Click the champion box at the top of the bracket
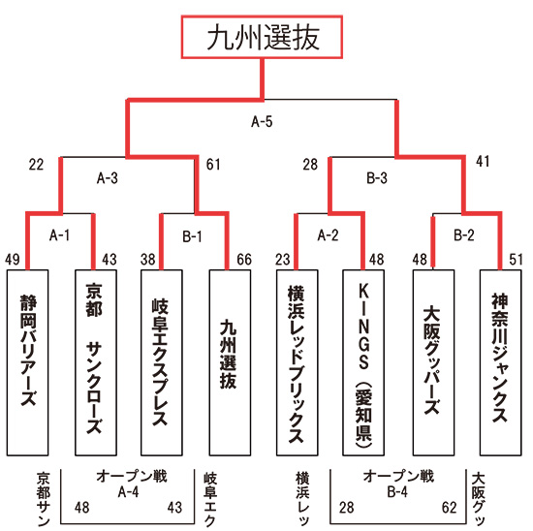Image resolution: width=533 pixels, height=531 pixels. [x=262, y=37]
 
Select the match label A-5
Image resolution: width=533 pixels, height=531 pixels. [x=262, y=121]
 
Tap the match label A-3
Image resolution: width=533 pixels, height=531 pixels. [x=108, y=177]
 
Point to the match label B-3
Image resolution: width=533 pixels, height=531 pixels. [x=377, y=177]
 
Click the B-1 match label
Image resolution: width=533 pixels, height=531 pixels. [x=192, y=236]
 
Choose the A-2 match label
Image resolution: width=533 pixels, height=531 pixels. [x=328, y=234]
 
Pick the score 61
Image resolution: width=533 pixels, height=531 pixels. [x=213, y=165]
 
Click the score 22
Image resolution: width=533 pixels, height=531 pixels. [x=37, y=165]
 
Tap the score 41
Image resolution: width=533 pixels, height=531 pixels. [x=483, y=162]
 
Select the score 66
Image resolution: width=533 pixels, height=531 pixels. [x=244, y=260]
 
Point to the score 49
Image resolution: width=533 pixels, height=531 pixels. [x=13, y=260]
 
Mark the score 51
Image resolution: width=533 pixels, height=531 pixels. [x=516, y=260]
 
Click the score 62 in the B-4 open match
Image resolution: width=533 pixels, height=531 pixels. [x=449, y=508]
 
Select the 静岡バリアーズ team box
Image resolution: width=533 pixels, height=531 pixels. [x=28, y=362]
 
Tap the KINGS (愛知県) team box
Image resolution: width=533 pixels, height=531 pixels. [x=363, y=362]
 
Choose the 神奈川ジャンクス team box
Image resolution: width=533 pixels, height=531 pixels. [x=500, y=362]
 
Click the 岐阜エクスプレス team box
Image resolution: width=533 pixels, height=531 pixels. [x=162, y=362]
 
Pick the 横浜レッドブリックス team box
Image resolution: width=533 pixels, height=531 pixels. [x=298, y=362]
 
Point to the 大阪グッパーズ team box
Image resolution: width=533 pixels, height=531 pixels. [x=433, y=362]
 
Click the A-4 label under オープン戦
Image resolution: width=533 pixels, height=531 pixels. [x=128, y=492]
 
